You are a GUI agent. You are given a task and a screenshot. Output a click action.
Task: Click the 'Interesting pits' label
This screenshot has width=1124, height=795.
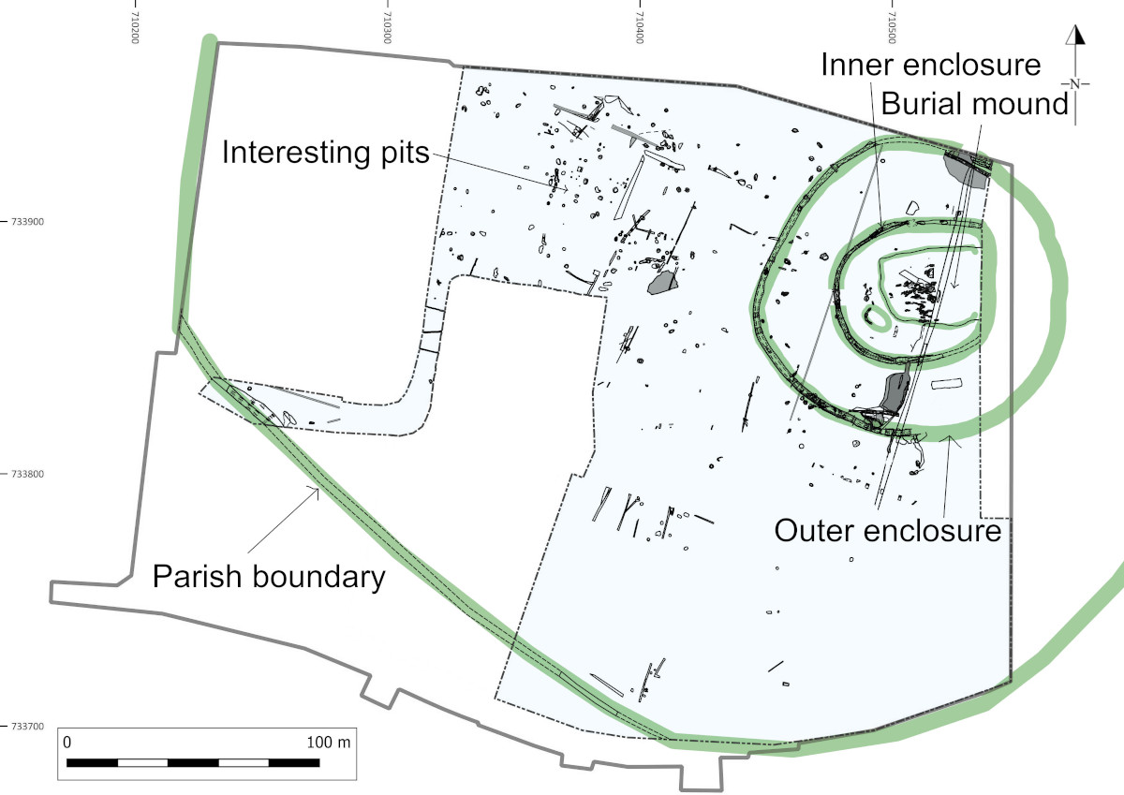(x=324, y=153)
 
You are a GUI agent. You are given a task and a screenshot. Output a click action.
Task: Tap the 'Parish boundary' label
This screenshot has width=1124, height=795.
(x=269, y=577)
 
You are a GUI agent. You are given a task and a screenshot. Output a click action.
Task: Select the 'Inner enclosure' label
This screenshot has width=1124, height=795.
(x=931, y=66)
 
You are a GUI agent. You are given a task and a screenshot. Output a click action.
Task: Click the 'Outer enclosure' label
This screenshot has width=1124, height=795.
(x=888, y=531)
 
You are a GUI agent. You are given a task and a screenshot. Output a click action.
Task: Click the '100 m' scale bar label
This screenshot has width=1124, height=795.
(x=329, y=742)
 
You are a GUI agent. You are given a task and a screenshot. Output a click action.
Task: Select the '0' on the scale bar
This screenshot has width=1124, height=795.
(x=67, y=742)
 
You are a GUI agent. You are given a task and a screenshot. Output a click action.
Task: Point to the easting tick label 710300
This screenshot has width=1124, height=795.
(x=388, y=21)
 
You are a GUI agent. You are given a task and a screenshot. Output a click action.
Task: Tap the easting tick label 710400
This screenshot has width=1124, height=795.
(x=640, y=21)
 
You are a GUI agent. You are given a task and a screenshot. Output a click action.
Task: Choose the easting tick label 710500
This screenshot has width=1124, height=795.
(x=892, y=21)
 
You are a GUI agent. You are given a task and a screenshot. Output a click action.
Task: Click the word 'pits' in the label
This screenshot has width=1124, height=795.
(x=400, y=153)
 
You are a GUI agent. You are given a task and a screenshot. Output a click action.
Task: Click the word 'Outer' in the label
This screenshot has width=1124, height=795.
(x=815, y=531)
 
